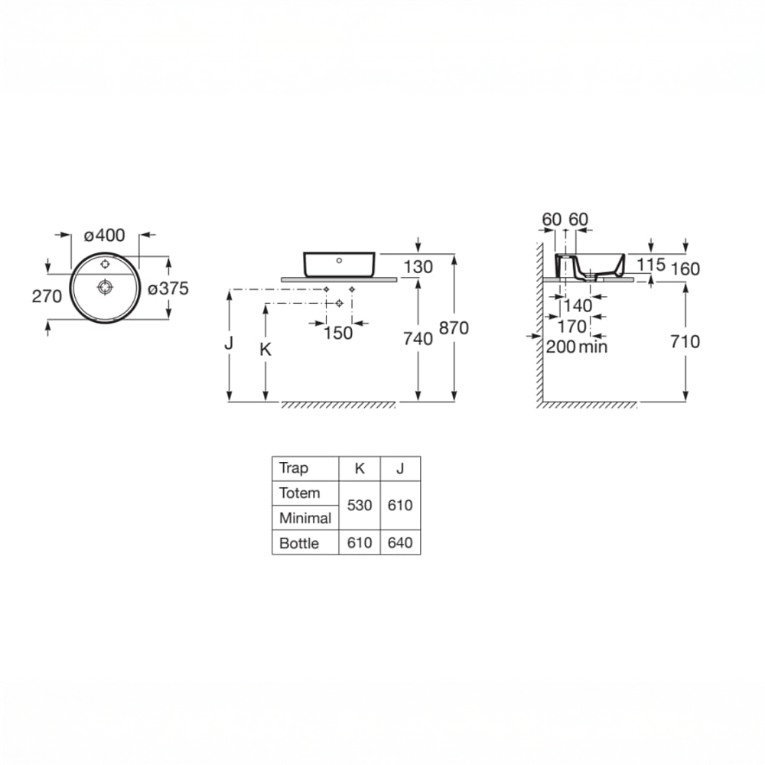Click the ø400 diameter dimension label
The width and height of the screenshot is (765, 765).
pyautogui.click(x=104, y=235)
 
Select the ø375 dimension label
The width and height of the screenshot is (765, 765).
pyautogui.click(x=168, y=288)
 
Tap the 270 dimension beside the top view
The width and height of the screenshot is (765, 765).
pyautogui.click(x=47, y=296)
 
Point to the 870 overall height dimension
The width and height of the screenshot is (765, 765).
pyautogui.click(x=454, y=328)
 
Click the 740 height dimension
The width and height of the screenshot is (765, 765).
pyautogui.click(x=418, y=339)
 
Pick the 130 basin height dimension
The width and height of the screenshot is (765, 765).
pyautogui.click(x=418, y=267)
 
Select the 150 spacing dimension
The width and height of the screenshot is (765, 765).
pyautogui.click(x=338, y=334)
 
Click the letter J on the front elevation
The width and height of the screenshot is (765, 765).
pyautogui.click(x=229, y=343)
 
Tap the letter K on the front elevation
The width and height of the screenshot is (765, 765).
pyautogui.click(x=265, y=350)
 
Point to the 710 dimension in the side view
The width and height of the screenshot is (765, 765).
pyautogui.click(x=685, y=341)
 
